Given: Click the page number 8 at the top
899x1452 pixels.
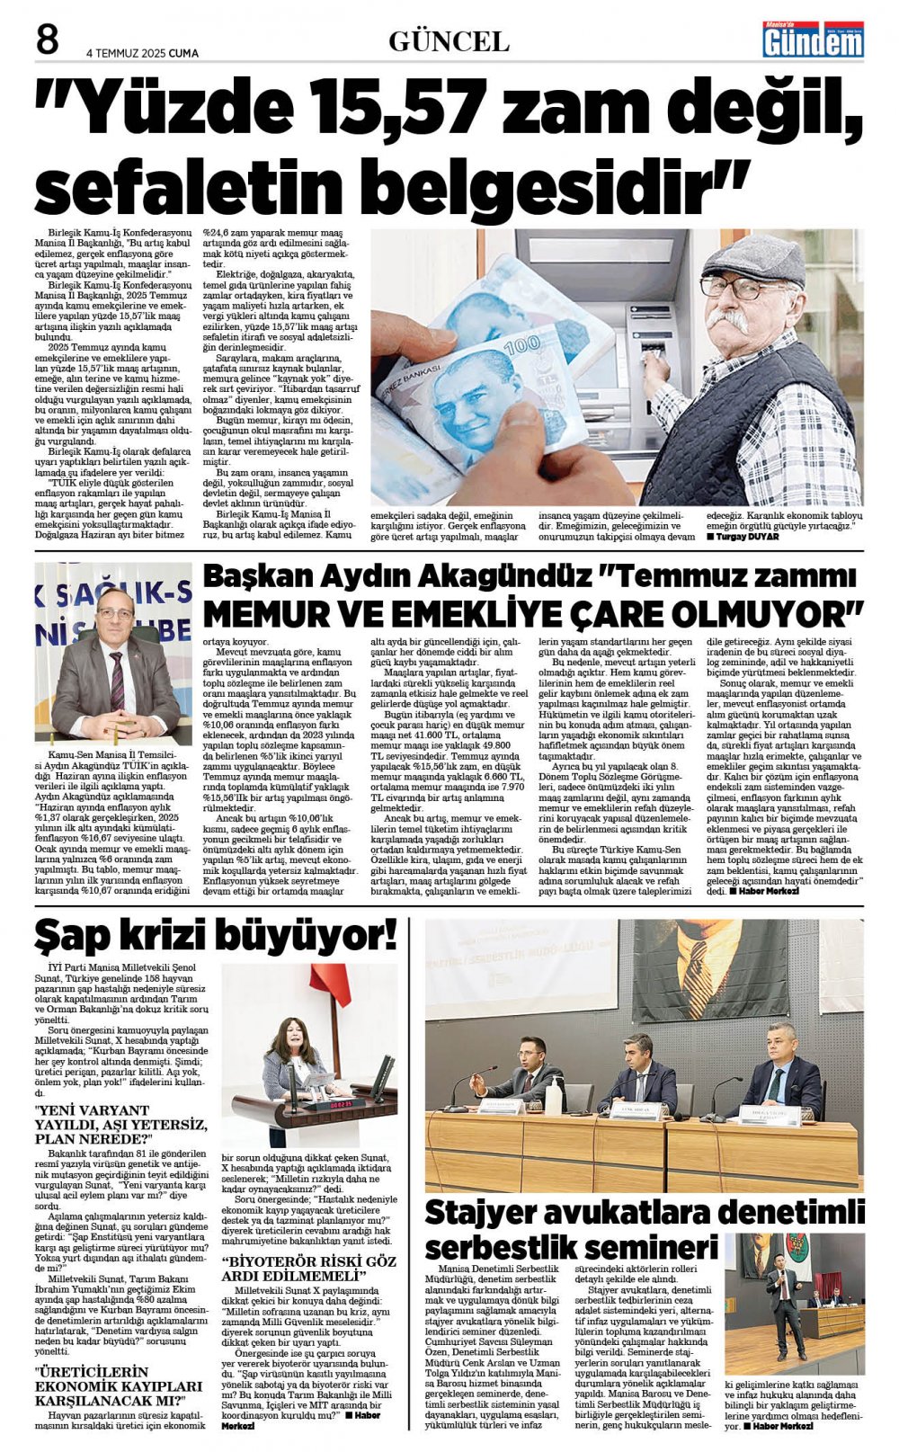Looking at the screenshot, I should pyautogui.click(x=47, y=40).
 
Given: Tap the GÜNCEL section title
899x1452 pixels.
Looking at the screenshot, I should pyautogui.click(x=449, y=41).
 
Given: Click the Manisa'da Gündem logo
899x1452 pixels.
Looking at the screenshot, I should pyautogui.click(x=813, y=40).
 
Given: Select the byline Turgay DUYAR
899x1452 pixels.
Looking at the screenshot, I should pyautogui.click(x=745, y=537).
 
